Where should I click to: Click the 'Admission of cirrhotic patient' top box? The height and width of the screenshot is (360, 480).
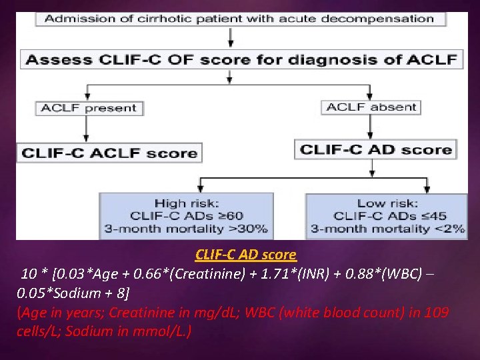tap(239, 19)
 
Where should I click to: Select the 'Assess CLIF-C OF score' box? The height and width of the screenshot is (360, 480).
tap(241, 59)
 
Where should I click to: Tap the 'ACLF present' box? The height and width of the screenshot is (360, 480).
tap(88, 107)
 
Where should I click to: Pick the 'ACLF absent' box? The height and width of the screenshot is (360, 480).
tap(372, 107)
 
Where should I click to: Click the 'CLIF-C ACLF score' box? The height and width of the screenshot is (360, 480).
tap(109, 153)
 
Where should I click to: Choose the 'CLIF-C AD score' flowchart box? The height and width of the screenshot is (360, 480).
tap(376, 149)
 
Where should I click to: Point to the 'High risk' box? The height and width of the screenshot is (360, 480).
tap(185, 215)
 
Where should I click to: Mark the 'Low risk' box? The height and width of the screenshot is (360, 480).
tap(387, 215)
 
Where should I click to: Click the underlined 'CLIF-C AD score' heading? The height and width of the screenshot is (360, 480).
tap(246, 255)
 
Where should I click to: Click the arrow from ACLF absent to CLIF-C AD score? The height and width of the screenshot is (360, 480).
tap(371, 127)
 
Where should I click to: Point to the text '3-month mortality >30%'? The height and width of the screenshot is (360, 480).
tap(185, 229)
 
